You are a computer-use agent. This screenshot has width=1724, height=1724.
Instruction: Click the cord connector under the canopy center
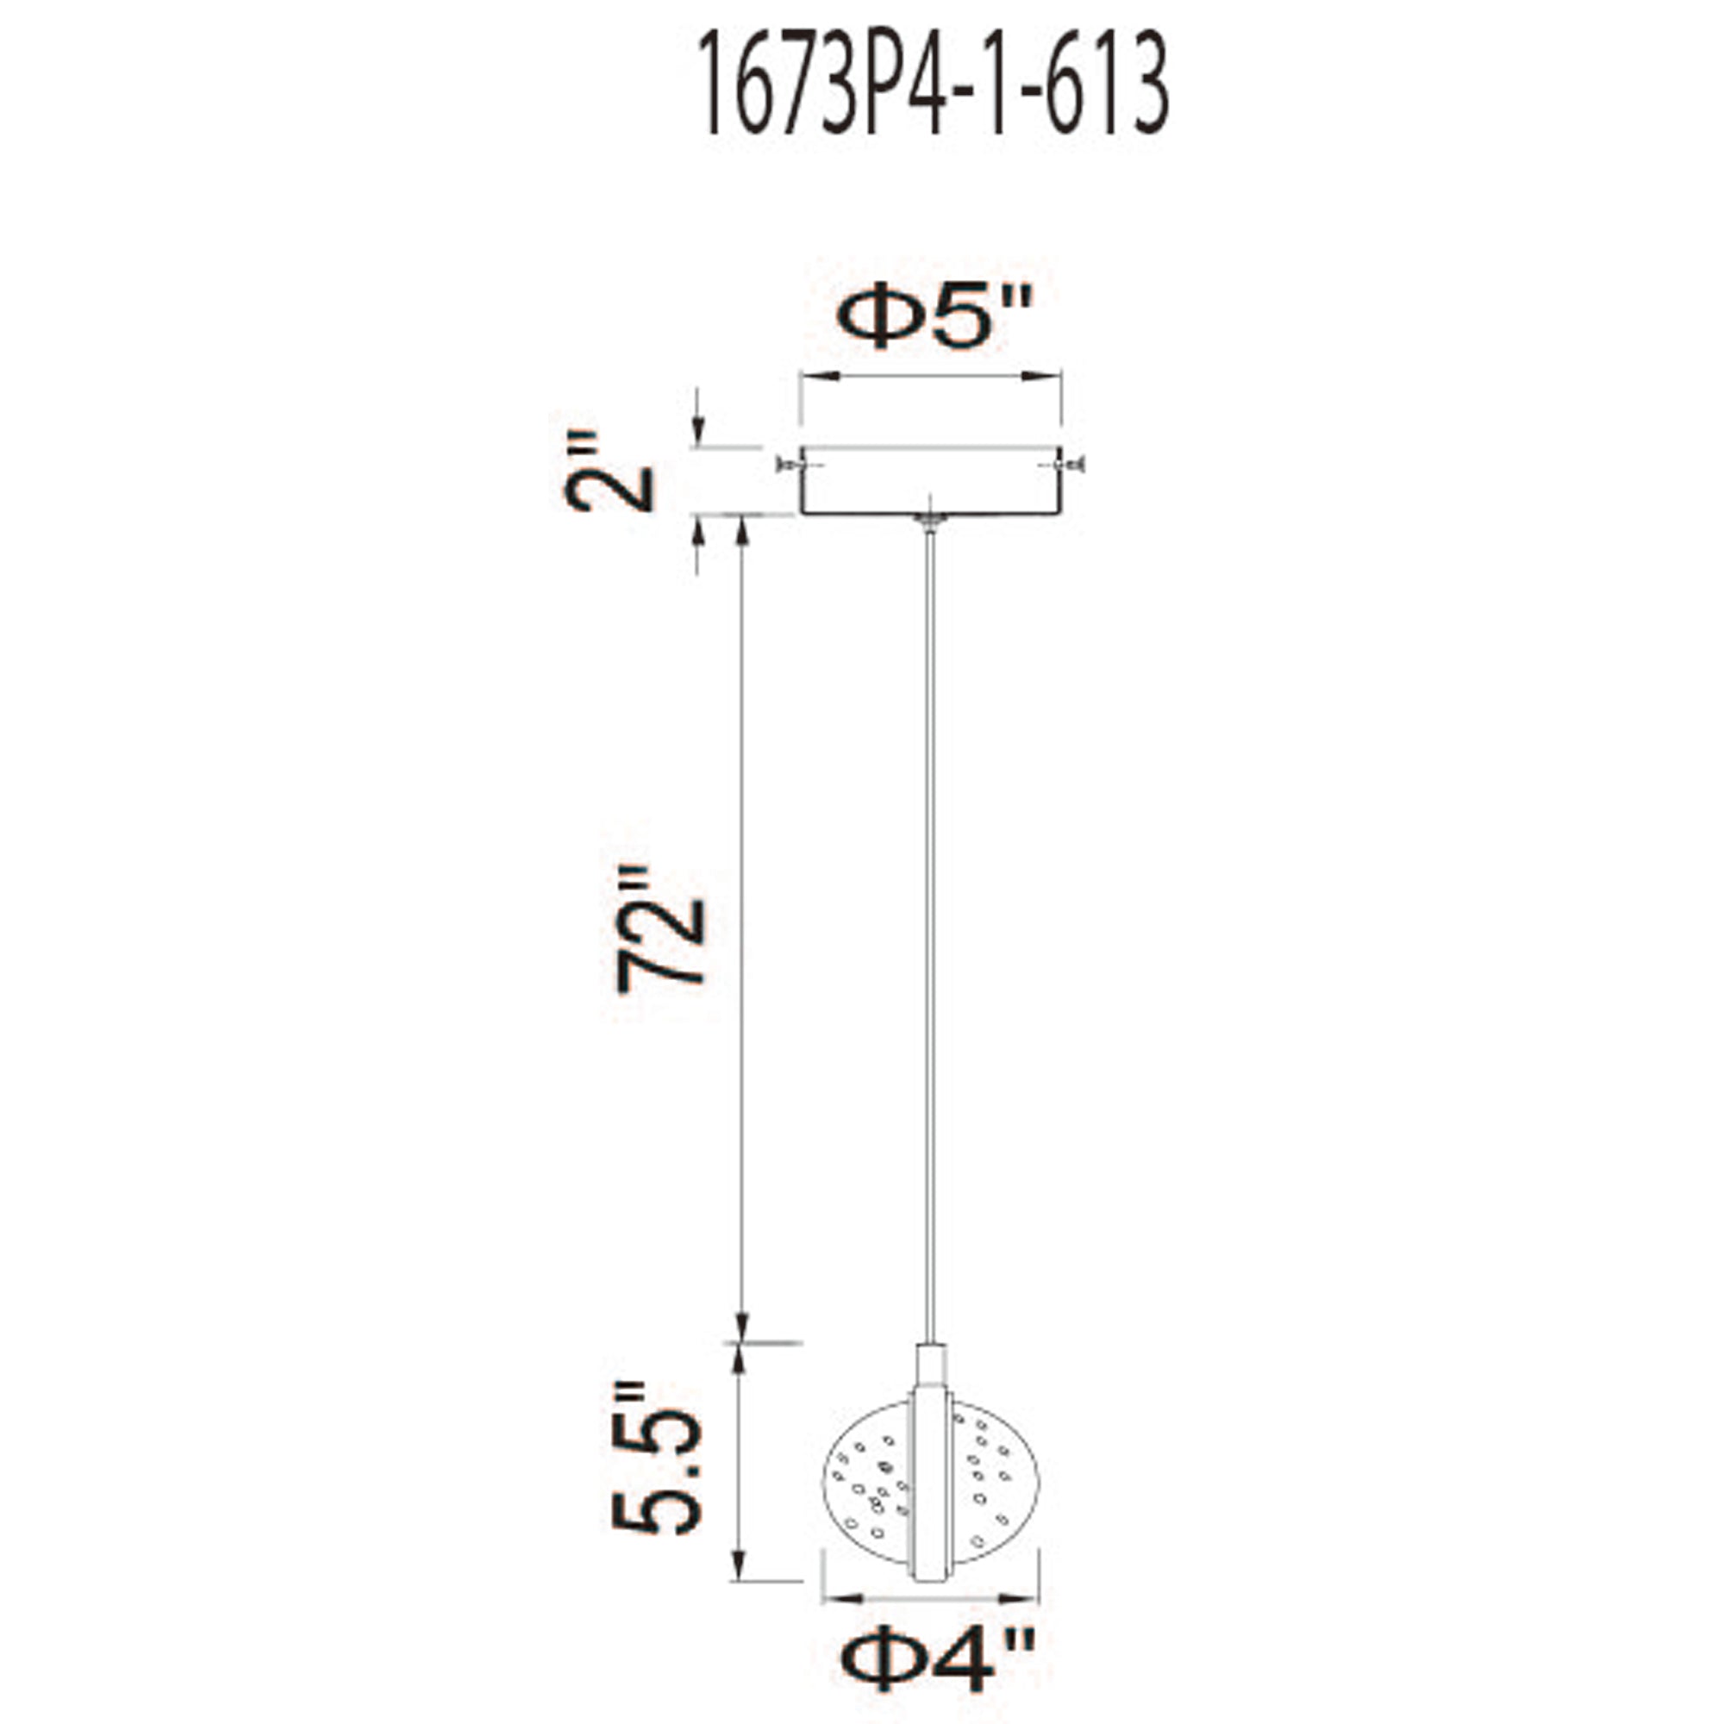(931, 523)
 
